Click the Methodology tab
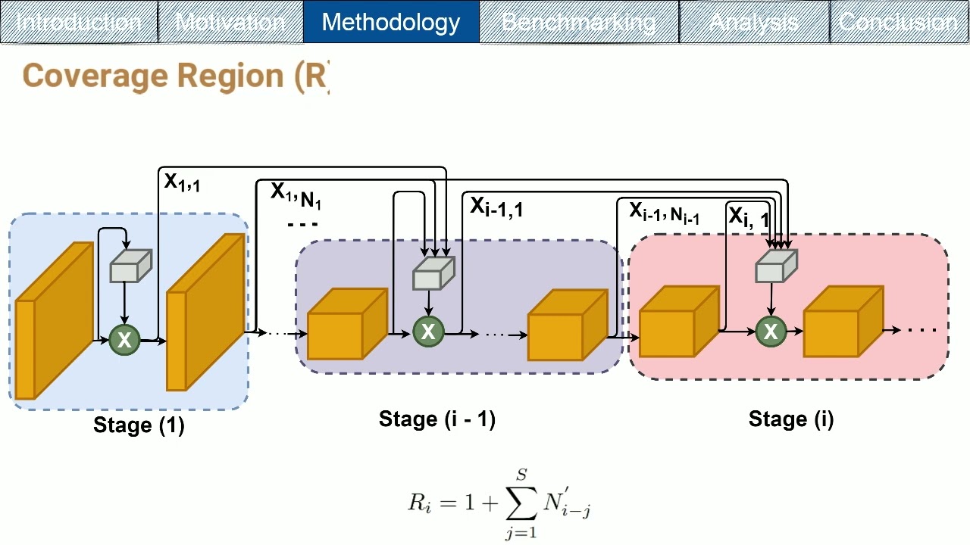[390, 22]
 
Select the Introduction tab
[79, 22]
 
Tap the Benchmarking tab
[579, 22]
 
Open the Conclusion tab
[899, 22]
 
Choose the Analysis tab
[754, 22]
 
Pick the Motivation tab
[230, 22]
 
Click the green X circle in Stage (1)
[124, 340]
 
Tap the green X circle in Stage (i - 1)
[428, 331]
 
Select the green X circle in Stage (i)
[771, 331]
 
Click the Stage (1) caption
[139, 425]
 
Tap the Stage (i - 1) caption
[437, 419]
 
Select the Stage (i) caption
[791, 419]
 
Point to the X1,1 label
[183, 182]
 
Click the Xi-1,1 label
[496, 206]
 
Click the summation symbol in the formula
[521, 502]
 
